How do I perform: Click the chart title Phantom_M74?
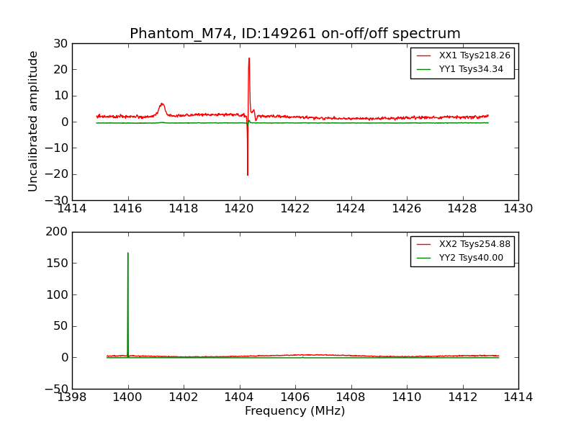(x=295, y=34)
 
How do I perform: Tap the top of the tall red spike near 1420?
(x=249, y=58)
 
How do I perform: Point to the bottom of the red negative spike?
(x=248, y=175)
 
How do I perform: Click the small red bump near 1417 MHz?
(x=162, y=104)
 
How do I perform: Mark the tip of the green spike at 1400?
(x=128, y=253)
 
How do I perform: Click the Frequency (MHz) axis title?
(x=295, y=411)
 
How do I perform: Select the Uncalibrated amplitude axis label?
(x=33, y=121)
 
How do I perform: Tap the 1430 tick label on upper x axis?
(x=518, y=209)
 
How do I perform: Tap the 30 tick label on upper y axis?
(x=60, y=43)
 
